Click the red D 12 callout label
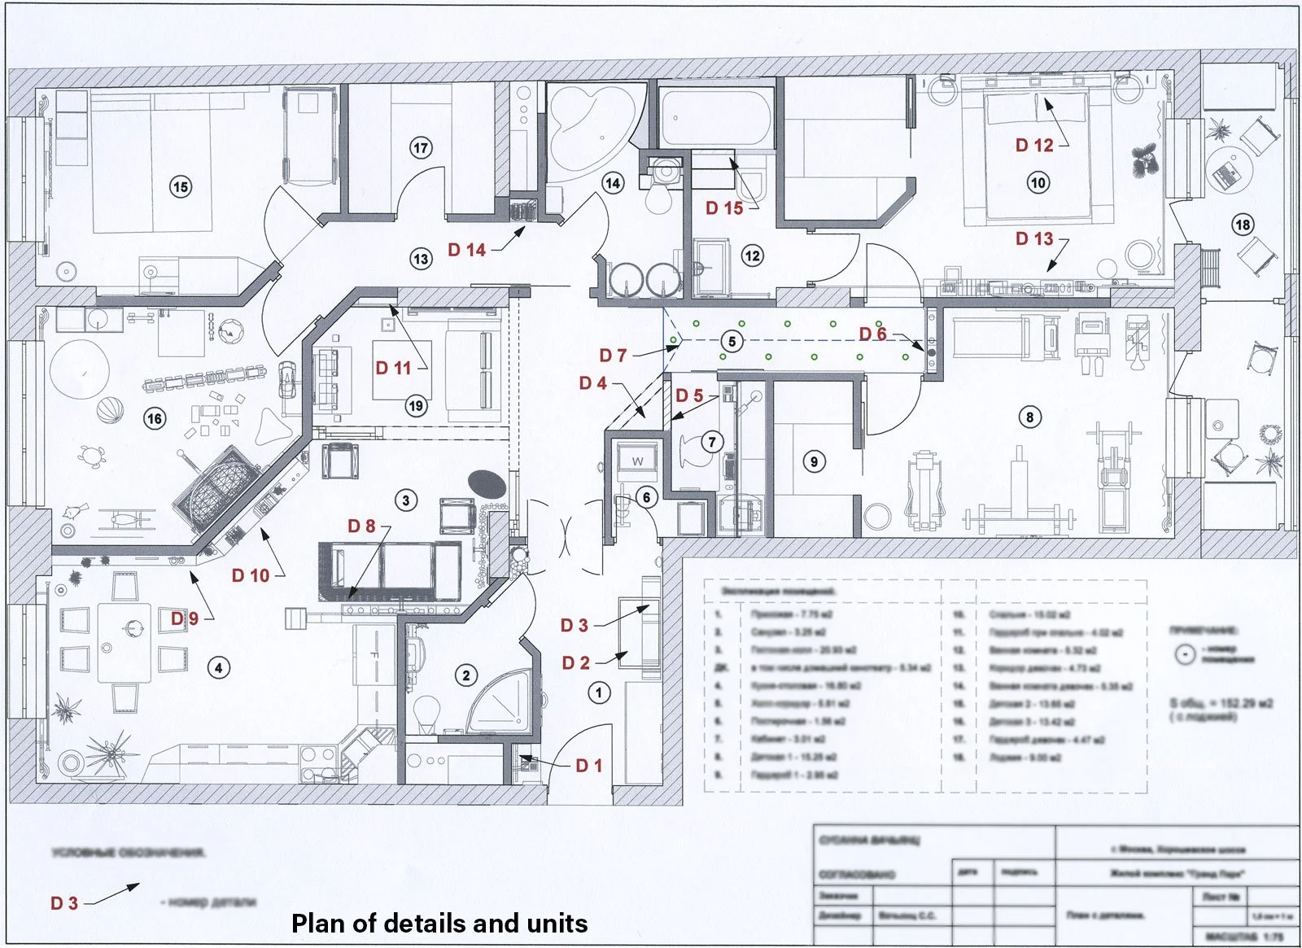[x=1034, y=146]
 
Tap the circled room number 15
[x=180, y=187]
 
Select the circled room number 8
[x=1029, y=417]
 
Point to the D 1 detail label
[x=589, y=766]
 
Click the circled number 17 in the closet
[x=420, y=148]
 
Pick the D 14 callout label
[x=466, y=250]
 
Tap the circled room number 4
[x=218, y=668]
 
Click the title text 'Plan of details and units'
[x=439, y=924]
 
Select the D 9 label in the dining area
[x=185, y=618]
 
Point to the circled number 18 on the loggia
[x=1243, y=225]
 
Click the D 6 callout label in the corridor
[x=872, y=334]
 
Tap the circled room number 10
[x=1038, y=182]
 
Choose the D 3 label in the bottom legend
[x=64, y=903]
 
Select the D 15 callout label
[x=723, y=208]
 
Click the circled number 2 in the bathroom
[x=465, y=675]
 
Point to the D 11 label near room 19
[x=393, y=368]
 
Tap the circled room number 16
[x=155, y=419]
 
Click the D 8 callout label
[x=361, y=526]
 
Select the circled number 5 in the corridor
[x=732, y=342]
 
